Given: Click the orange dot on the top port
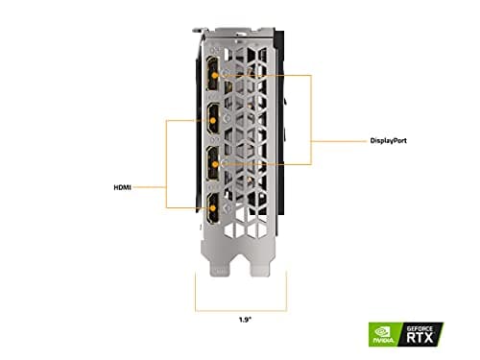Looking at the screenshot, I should [222, 74].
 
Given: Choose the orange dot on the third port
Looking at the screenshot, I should [222, 163].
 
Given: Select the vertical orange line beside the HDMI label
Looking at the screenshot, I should [167, 163].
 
